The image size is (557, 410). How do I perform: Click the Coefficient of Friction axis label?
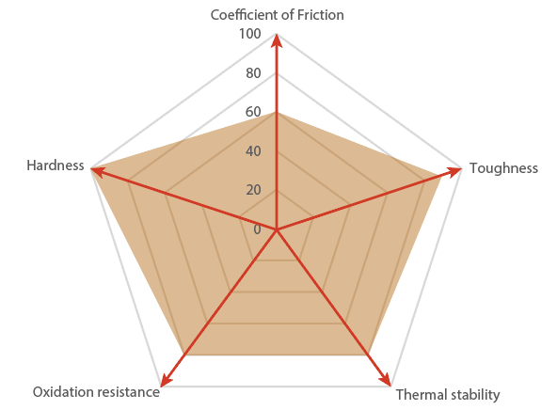pyautogui.click(x=277, y=15)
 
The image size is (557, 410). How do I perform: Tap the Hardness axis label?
pyautogui.click(x=56, y=166)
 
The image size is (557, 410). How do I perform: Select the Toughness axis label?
pyautogui.click(x=503, y=168)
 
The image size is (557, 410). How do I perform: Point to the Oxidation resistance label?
pyautogui.click(x=96, y=392)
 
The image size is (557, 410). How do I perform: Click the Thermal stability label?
pyautogui.click(x=448, y=395)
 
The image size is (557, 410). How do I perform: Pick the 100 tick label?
pyautogui.click(x=250, y=34)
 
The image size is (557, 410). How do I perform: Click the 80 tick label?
pyautogui.click(x=253, y=73)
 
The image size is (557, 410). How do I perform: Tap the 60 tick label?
pyautogui.click(x=253, y=112)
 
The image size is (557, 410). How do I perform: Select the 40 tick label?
pyautogui.click(x=253, y=151)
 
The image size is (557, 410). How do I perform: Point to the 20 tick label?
pyautogui.click(x=253, y=190)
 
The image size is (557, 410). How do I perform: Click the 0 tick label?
pyautogui.click(x=257, y=229)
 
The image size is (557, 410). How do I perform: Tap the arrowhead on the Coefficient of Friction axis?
pyautogui.click(x=277, y=40)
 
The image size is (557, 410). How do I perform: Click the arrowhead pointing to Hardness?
pyautogui.click(x=97, y=172)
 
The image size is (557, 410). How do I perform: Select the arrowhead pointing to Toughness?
pyautogui.click(x=454, y=172)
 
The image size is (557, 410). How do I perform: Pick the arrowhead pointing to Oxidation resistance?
pyautogui.click(x=166, y=380)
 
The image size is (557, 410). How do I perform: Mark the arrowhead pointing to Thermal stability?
pyautogui.click(x=386, y=380)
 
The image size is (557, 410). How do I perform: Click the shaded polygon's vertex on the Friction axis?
pyautogui.click(x=277, y=113)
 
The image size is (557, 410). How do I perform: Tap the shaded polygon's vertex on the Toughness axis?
pyautogui.click(x=441, y=177)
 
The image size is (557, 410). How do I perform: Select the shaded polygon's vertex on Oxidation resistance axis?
pyautogui.click(x=185, y=355)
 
